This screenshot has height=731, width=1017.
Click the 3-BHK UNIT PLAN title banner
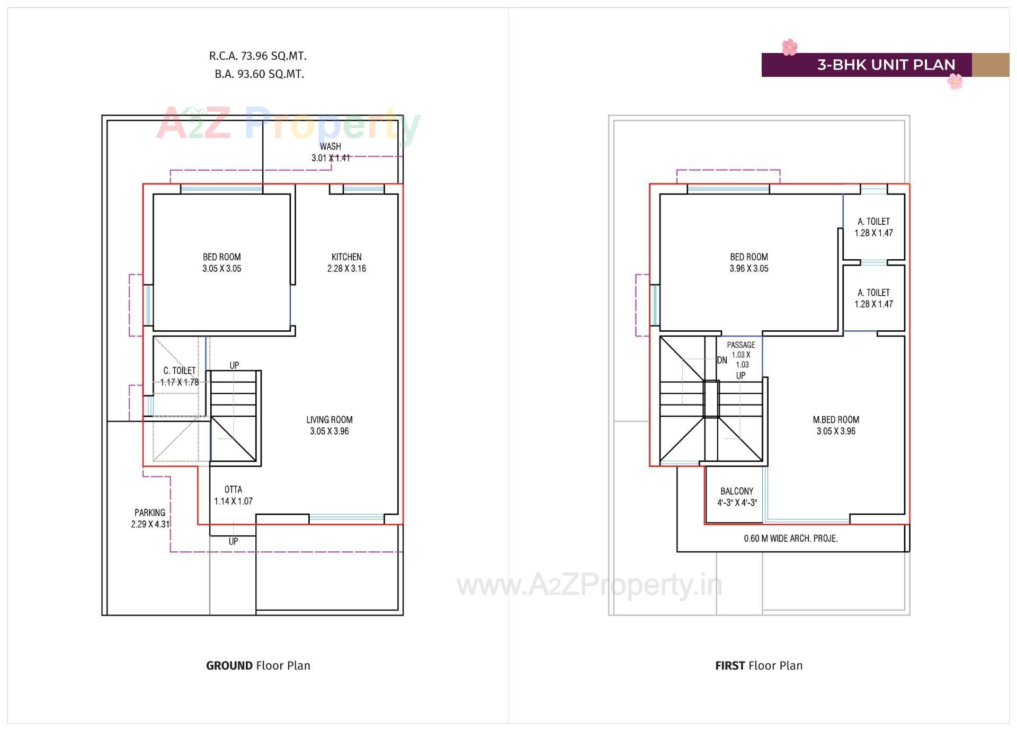pos(885,65)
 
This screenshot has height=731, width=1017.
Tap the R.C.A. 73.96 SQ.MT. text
pos(258,56)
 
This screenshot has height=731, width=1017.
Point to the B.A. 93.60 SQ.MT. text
pos(259,74)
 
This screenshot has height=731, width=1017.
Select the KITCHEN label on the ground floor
pos(346,257)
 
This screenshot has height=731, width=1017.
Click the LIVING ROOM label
pos(329,420)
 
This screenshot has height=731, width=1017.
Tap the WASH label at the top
pos(330,146)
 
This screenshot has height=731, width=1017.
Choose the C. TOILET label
pos(180,371)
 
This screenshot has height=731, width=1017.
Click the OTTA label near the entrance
pos(233,489)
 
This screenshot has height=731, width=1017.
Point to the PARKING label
pos(150,513)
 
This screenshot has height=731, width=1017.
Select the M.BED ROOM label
pos(836,420)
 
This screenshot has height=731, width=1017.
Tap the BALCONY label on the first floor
pos(737,491)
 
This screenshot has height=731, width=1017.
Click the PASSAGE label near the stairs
pos(741,345)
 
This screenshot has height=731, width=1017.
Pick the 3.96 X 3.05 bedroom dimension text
pos(748,269)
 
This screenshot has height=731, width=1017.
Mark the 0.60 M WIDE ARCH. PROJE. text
pos(790,539)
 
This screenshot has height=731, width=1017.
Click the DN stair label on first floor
pos(722,360)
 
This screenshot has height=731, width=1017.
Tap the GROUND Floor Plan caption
pos(258,665)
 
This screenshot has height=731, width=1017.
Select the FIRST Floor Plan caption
pos(759,665)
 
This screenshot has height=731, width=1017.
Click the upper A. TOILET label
pos(873,222)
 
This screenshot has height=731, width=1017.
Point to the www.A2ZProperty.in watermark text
pos(589,585)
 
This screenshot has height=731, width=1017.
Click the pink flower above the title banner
pos(789,47)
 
